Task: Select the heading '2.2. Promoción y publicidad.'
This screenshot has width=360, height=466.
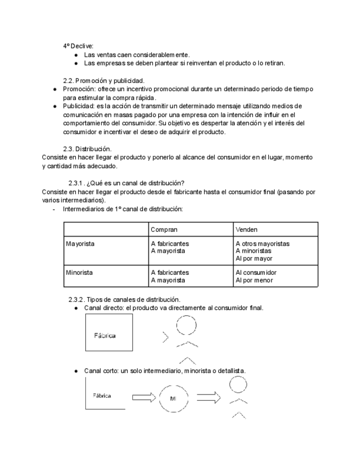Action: click(x=104, y=80)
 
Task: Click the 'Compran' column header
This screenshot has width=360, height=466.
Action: click(x=163, y=229)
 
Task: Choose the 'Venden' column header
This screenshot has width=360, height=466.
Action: click(x=247, y=229)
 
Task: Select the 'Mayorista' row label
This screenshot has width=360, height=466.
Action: click(x=80, y=243)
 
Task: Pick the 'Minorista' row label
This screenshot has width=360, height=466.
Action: click(x=79, y=273)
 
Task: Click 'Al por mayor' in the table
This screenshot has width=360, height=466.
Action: click(x=254, y=258)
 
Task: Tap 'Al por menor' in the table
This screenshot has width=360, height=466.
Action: click(x=254, y=280)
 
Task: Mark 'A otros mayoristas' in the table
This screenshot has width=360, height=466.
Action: click(x=263, y=243)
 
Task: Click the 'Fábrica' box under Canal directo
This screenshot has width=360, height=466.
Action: click(x=109, y=332)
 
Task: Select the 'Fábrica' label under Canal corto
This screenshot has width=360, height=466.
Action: click(x=102, y=396)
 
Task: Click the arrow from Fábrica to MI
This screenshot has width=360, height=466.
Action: click(x=144, y=397)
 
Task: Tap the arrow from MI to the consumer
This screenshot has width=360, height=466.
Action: click(x=208, y=397)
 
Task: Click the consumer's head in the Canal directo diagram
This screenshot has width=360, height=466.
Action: click(x=186, y=326)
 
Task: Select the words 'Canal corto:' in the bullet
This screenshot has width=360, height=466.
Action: click(x=103, y=371)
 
